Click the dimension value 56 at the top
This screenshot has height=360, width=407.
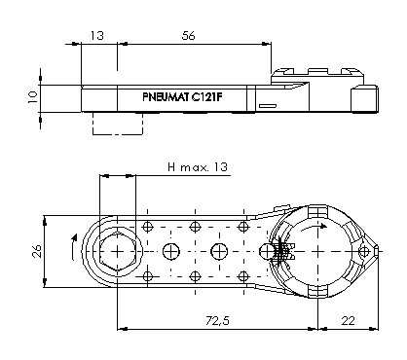[189, 35]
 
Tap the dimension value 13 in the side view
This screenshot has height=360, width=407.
[97, 35]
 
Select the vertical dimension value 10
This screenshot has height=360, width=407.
[33, 97]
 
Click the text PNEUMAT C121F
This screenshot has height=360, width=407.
[182, 97]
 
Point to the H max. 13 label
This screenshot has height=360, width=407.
[198, 167]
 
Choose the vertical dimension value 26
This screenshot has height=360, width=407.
[37, 251]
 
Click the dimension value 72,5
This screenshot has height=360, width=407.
[217, 321]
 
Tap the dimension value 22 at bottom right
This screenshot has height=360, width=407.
[348, 321]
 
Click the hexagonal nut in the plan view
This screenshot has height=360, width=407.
[118, 251]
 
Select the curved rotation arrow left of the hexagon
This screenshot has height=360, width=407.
[73, 246]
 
